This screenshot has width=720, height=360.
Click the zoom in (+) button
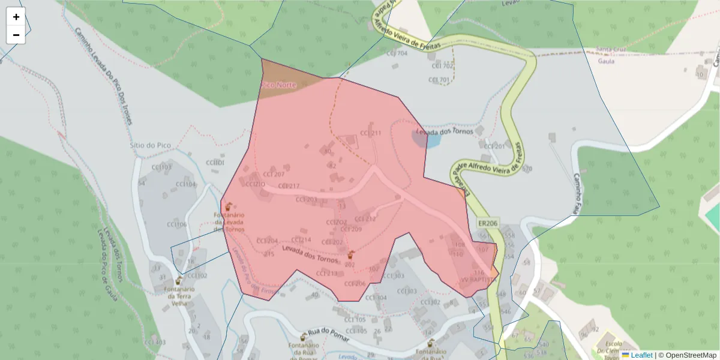[16, 17]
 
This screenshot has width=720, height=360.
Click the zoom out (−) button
[16, 35]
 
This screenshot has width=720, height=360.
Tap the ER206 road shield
[488, 223]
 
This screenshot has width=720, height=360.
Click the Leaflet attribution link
[641, 355]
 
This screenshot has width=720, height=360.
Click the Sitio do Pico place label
[151, 145]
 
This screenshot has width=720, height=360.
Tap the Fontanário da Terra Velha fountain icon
[179, 280]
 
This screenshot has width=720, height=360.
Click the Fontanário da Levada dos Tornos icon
[229, 206]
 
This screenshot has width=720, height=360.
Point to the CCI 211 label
[370, 133]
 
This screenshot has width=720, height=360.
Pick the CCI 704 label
[397, 53]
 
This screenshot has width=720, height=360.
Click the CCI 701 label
[439, 80]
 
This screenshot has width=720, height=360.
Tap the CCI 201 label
[494, 146]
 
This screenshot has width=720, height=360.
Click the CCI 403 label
[155, 343]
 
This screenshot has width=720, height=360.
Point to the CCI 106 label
[176, 225]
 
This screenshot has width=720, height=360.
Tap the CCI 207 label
[274, 175]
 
